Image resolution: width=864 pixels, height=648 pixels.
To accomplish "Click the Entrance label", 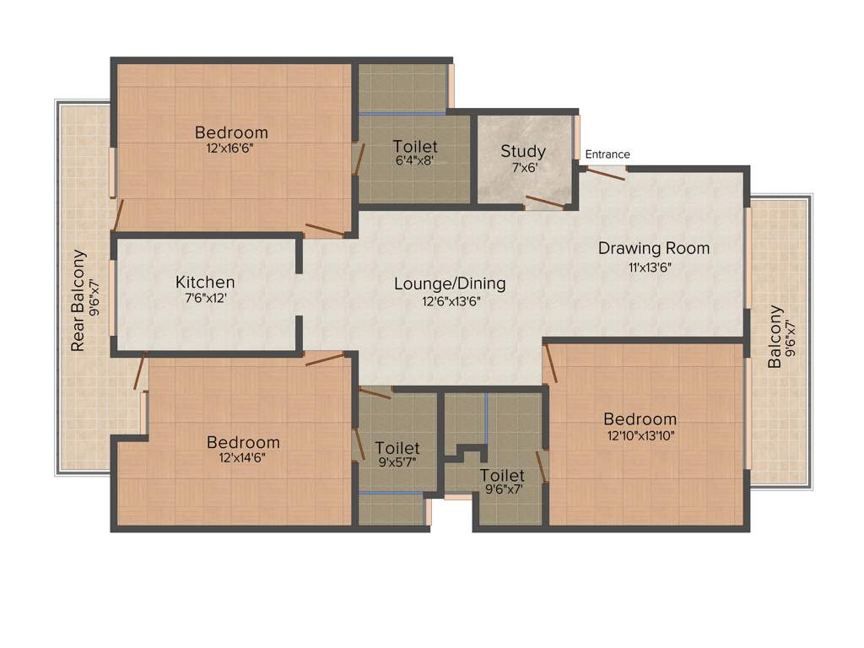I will [x=607, y=154].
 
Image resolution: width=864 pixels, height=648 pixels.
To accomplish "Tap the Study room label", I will [x=523, y=151].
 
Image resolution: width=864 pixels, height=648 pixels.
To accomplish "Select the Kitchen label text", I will [x=205, y=282].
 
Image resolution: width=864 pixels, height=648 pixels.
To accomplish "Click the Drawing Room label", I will [x=654, y=248].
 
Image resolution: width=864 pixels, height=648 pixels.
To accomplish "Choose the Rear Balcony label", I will [x=78, y=300].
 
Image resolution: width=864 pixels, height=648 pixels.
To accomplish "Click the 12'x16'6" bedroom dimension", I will [x=231, y=148].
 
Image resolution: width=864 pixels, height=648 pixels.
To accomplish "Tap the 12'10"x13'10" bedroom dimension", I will [x=640, y=435].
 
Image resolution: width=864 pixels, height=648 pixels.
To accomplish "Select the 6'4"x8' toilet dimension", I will [x=415, y=160].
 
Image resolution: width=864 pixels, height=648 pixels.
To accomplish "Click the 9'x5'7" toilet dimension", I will [x=397, y=462].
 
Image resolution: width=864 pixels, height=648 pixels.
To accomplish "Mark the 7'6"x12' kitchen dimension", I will [x=205, y=297].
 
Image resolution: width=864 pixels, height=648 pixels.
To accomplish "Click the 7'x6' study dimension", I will [x=523, y=166].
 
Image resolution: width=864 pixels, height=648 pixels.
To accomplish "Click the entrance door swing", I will [x=606, y=174].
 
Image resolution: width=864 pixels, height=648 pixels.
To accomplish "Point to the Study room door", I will [x=545, y=203].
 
